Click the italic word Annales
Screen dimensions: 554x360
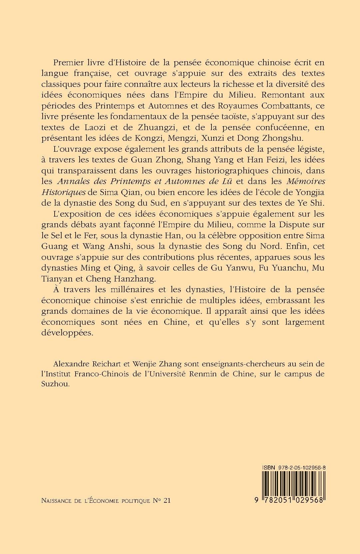tap(71, 181)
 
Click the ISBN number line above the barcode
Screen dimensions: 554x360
tap(293, 467)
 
